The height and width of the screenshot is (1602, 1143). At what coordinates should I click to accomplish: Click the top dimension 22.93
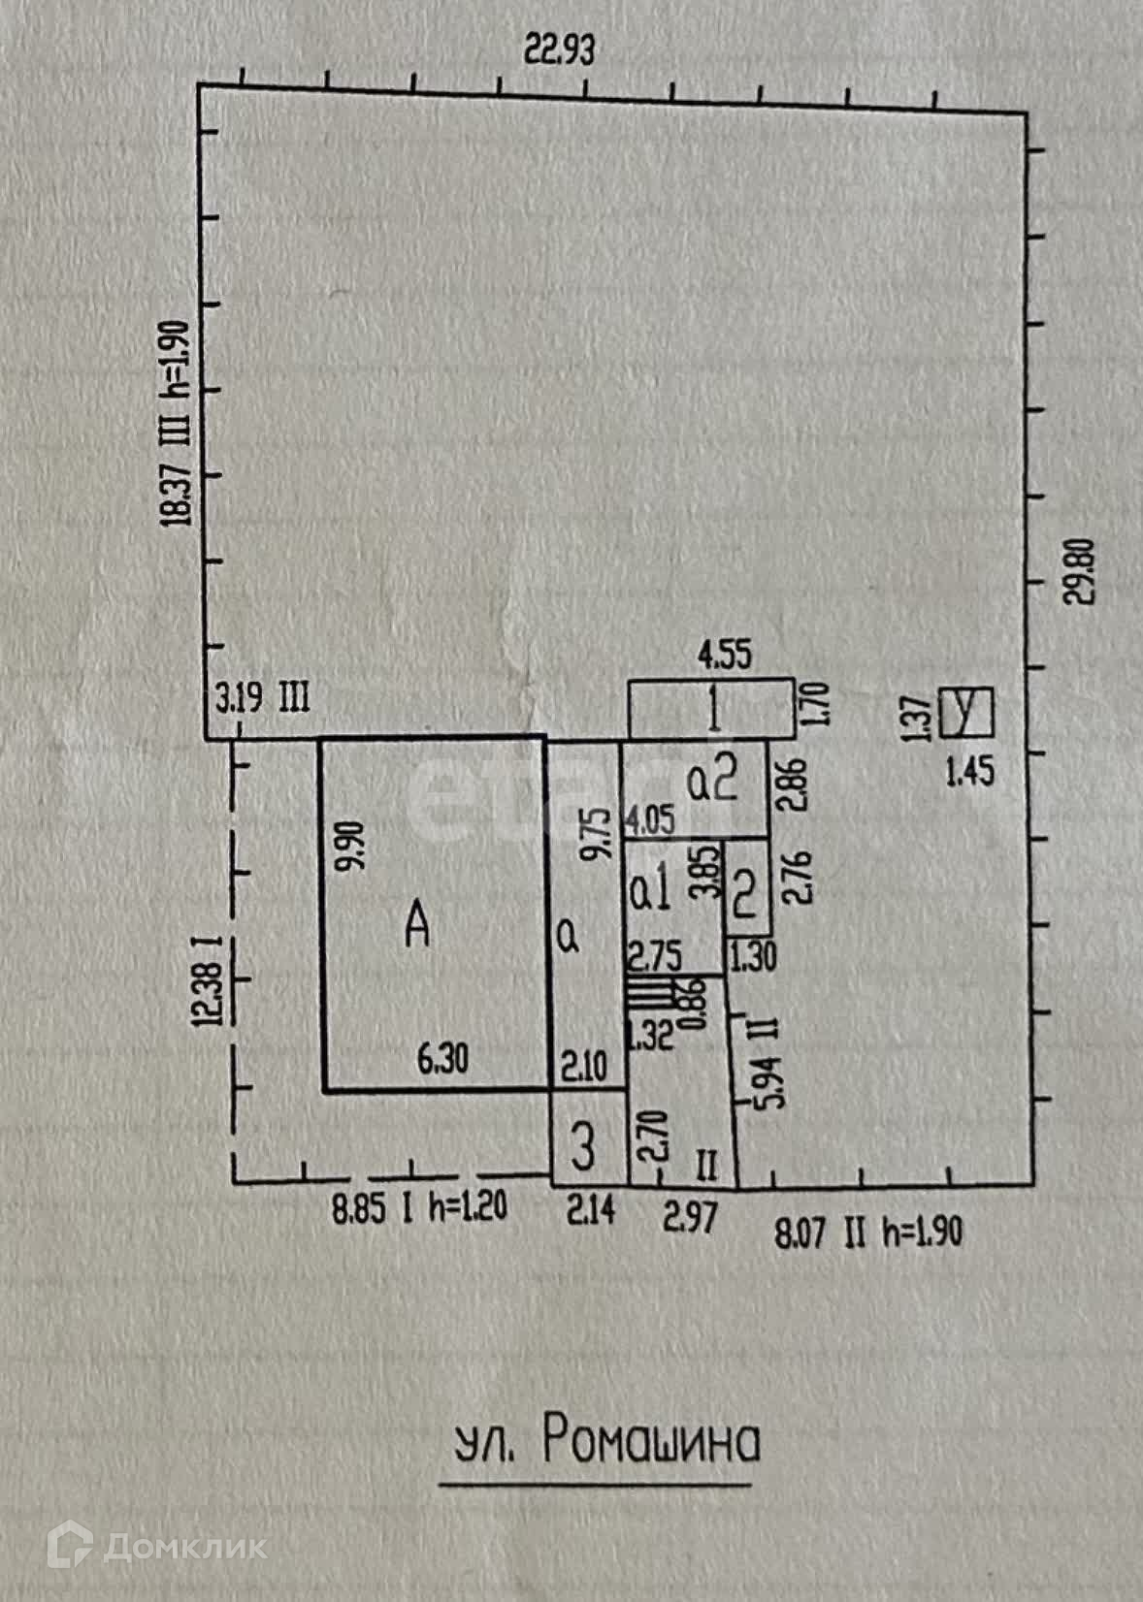pos(559,48)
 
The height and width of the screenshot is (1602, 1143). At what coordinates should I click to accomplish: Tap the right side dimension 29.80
pos(1081,571)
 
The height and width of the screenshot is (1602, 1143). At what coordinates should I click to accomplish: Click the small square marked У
pos(967,713)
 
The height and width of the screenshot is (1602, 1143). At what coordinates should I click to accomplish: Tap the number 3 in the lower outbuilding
pos(583,1147)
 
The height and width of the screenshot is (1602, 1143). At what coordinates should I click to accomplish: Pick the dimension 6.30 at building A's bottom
pos(442,1058)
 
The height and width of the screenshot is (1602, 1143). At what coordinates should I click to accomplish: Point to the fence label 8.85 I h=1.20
pos(420,1209)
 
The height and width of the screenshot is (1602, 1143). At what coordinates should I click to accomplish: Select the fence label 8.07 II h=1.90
pos(868,1234)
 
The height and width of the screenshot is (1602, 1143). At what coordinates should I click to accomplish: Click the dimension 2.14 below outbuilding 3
pos(590,1210)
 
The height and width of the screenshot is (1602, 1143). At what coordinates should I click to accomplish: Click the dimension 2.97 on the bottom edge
pos(690,1215)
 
